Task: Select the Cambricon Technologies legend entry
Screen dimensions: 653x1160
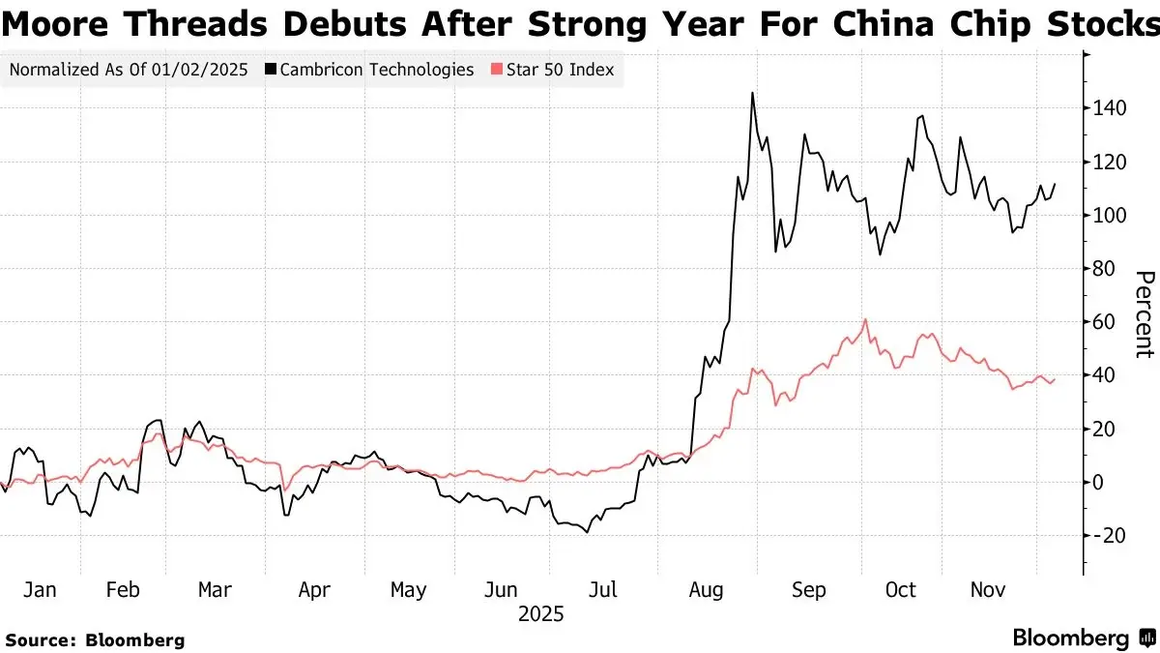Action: (x=369, y=70)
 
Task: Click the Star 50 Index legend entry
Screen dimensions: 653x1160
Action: (x=552, y=70)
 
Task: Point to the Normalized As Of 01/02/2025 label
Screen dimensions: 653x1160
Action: (x=129, y=70)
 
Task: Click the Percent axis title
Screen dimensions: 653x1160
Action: (x=1144, y=314)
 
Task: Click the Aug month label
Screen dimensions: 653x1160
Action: (x=709, y=589)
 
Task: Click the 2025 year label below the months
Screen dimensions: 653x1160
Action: (x=541, y=614)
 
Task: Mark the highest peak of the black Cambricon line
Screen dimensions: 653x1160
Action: (x=751, y=93)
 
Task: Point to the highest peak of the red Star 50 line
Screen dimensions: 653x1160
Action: (x=865, y=319)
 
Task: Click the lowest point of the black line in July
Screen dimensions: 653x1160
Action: (x=587, y=532)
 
